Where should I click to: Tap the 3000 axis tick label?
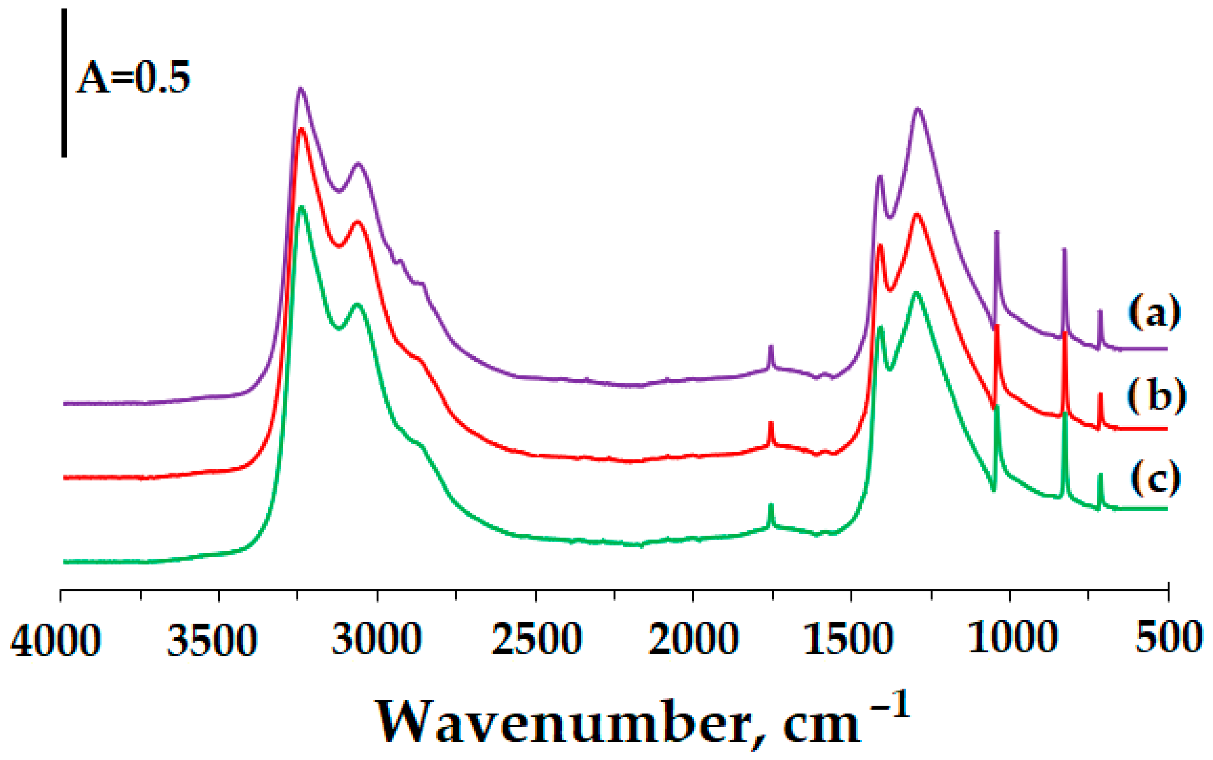[x=377, y=640]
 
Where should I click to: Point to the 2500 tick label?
[x=537, y=640]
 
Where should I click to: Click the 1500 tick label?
[x=849, y=640]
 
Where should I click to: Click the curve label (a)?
[x=1154, y=312]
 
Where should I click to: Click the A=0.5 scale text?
[x=133, y=78]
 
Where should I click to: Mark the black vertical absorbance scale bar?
[x=64, y=83]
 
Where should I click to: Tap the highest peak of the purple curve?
[x=301, y=89]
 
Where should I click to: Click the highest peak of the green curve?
[x=301, y=207]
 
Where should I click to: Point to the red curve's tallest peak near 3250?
[x=301, y=129]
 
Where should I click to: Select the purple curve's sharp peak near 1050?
[x=997, y=232]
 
